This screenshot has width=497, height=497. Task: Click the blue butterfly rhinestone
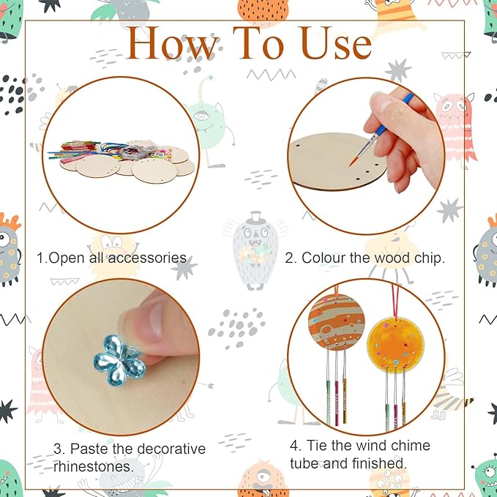(119, 356)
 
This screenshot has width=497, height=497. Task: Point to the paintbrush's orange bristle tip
(354, 155)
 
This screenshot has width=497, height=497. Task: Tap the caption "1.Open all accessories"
(111, 258)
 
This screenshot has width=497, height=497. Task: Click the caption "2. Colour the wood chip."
(365, 258)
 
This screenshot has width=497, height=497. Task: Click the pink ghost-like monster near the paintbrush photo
(455, 124)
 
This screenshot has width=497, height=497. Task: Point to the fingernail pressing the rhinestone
(155, 319)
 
